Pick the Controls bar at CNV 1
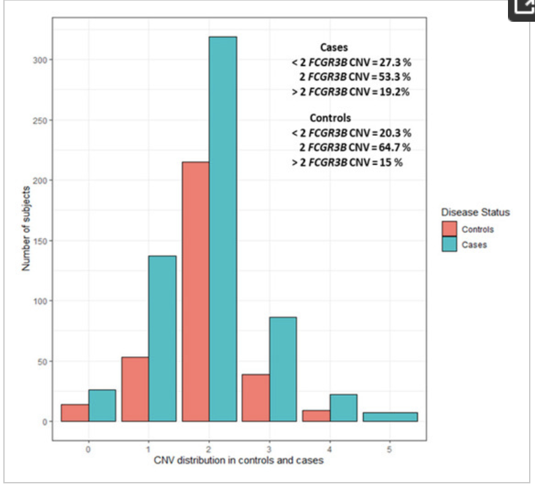tap(135, 389)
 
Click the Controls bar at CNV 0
tap(75, 413)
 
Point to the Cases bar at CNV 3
tap(283, 369)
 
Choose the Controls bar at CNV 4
tap(316, 415)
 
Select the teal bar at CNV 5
tap(390, 417)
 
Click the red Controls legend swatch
tap(449, 229)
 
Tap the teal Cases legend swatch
tap(449, 245)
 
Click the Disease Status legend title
tap(475, 212)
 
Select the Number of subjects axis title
tap(26, 229)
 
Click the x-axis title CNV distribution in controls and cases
tap(239, 460)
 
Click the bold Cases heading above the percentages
tap(334, 47)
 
